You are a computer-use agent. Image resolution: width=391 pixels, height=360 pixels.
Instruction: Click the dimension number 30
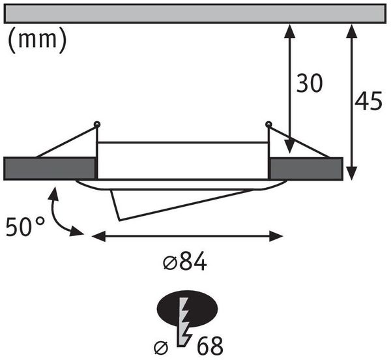pos(310,83)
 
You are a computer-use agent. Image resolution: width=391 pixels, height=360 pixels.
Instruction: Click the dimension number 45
pos(368,100)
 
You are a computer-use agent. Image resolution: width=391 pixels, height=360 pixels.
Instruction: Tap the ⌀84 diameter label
pos(185,262)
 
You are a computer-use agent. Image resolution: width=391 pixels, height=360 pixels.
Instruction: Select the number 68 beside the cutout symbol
pos(210,346)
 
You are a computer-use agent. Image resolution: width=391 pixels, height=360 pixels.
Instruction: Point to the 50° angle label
pos(25,226)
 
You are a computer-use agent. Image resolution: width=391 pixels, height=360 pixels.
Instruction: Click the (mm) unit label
pos(37,39)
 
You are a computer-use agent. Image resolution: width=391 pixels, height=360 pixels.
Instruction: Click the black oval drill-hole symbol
pos(187,308)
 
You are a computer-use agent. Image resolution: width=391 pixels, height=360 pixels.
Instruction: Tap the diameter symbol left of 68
pos(161,348)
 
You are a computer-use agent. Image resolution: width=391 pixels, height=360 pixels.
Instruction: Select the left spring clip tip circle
pos(96,124)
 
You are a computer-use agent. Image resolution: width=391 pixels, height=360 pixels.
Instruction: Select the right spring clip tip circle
pos(268,124)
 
